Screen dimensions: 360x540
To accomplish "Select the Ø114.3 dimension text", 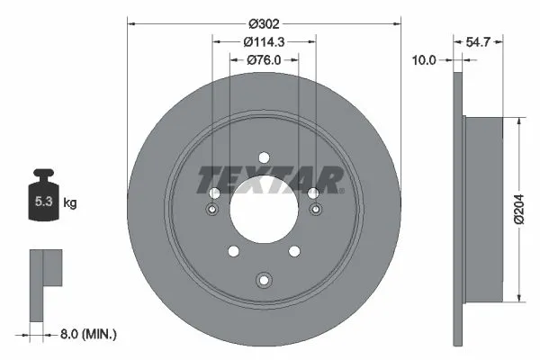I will (x=265, y=40).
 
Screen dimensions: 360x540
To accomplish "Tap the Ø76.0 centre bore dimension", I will (x=265, y=60).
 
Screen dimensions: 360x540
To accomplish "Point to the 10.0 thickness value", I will (x=424, y=60).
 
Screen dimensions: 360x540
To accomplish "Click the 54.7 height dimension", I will (x=477, y=40).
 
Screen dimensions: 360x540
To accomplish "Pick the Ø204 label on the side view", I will (x=519, y=208).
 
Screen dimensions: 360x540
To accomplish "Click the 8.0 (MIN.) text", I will (x=87, y=334).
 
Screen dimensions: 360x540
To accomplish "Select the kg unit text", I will (x=70, y=203).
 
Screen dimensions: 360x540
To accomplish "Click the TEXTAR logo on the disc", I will (x=270, y=180).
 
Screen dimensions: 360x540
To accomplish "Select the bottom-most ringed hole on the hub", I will (x=264, y=279).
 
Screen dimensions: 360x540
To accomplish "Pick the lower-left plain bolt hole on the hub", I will (x=232, y=251).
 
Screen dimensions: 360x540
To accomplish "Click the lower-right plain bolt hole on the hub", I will (x=295, y=251).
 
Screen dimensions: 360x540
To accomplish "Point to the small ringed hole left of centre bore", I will (x=212, y=210).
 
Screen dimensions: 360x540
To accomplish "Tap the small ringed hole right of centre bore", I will (x=316, y=210).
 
